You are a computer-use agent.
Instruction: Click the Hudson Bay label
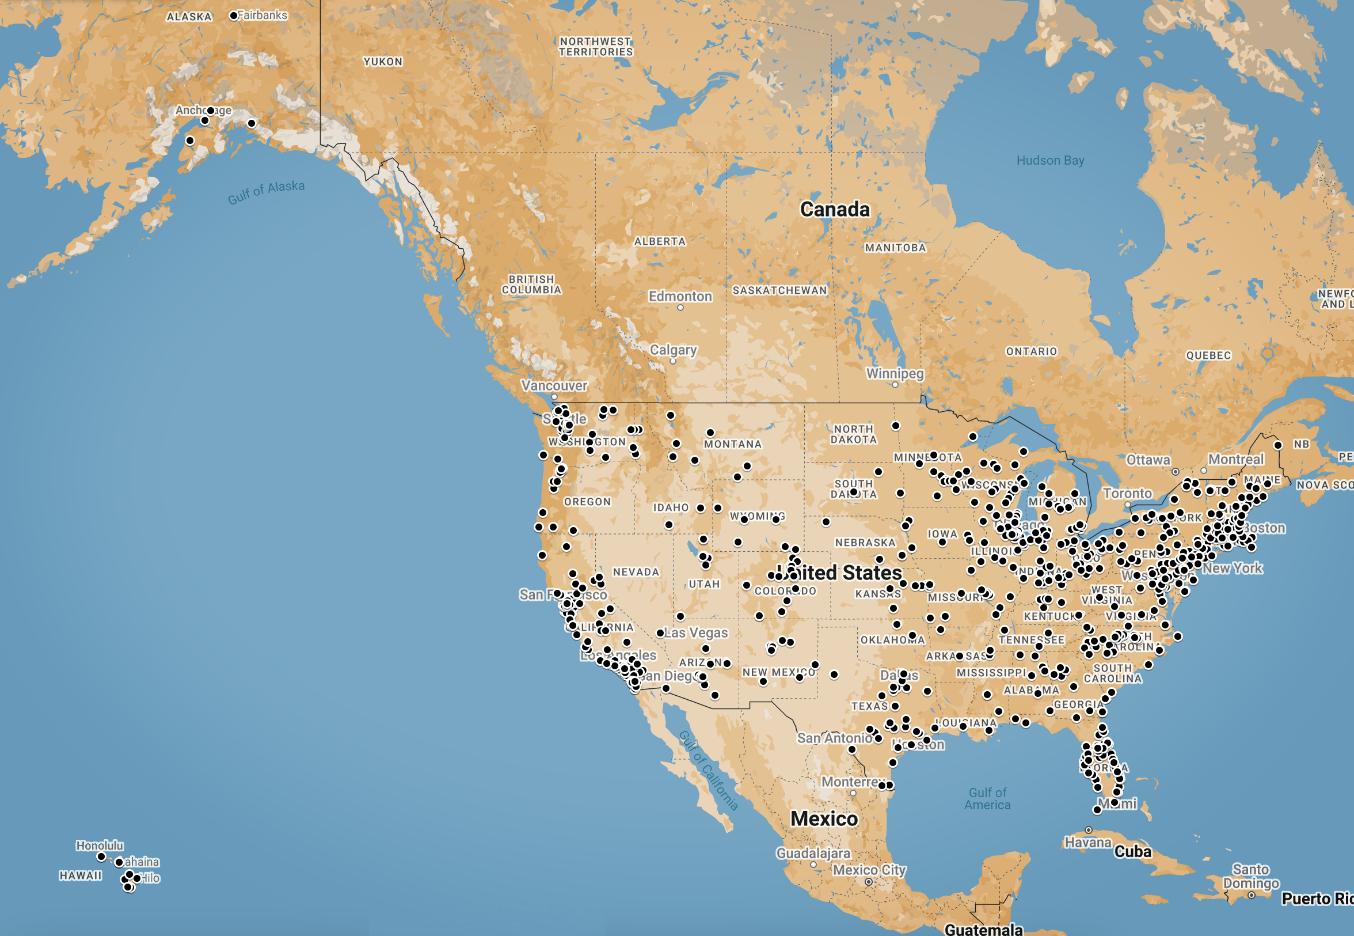coord(1050,160)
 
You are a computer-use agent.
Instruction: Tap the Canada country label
coord(835,209)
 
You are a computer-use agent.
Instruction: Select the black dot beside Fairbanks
coord(233,16)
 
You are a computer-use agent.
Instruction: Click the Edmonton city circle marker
coord(680,308)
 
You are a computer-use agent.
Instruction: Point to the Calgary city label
coord(673,350)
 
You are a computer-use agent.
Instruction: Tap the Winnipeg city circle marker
coord(895,385)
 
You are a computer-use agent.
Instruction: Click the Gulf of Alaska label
coord(266,192)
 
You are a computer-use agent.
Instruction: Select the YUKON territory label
coord(383,62)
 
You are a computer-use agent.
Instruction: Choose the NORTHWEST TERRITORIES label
coord(595,47)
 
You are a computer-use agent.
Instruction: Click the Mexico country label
coord(824,818)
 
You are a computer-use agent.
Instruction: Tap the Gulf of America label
coord(988,799)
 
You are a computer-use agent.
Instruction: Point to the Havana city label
coord(1087,843)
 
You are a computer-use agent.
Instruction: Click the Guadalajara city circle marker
coord(813,865)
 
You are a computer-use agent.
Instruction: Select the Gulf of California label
coord(709,771)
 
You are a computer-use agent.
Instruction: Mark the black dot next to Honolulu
coord(101,857)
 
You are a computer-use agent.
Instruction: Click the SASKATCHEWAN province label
coord(779,290)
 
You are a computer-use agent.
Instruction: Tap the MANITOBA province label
coord(895,248)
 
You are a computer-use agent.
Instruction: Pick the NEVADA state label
coord(636,572)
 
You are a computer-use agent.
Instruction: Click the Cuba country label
coord(1132,851)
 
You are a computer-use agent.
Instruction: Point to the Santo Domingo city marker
coord(1251,896)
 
